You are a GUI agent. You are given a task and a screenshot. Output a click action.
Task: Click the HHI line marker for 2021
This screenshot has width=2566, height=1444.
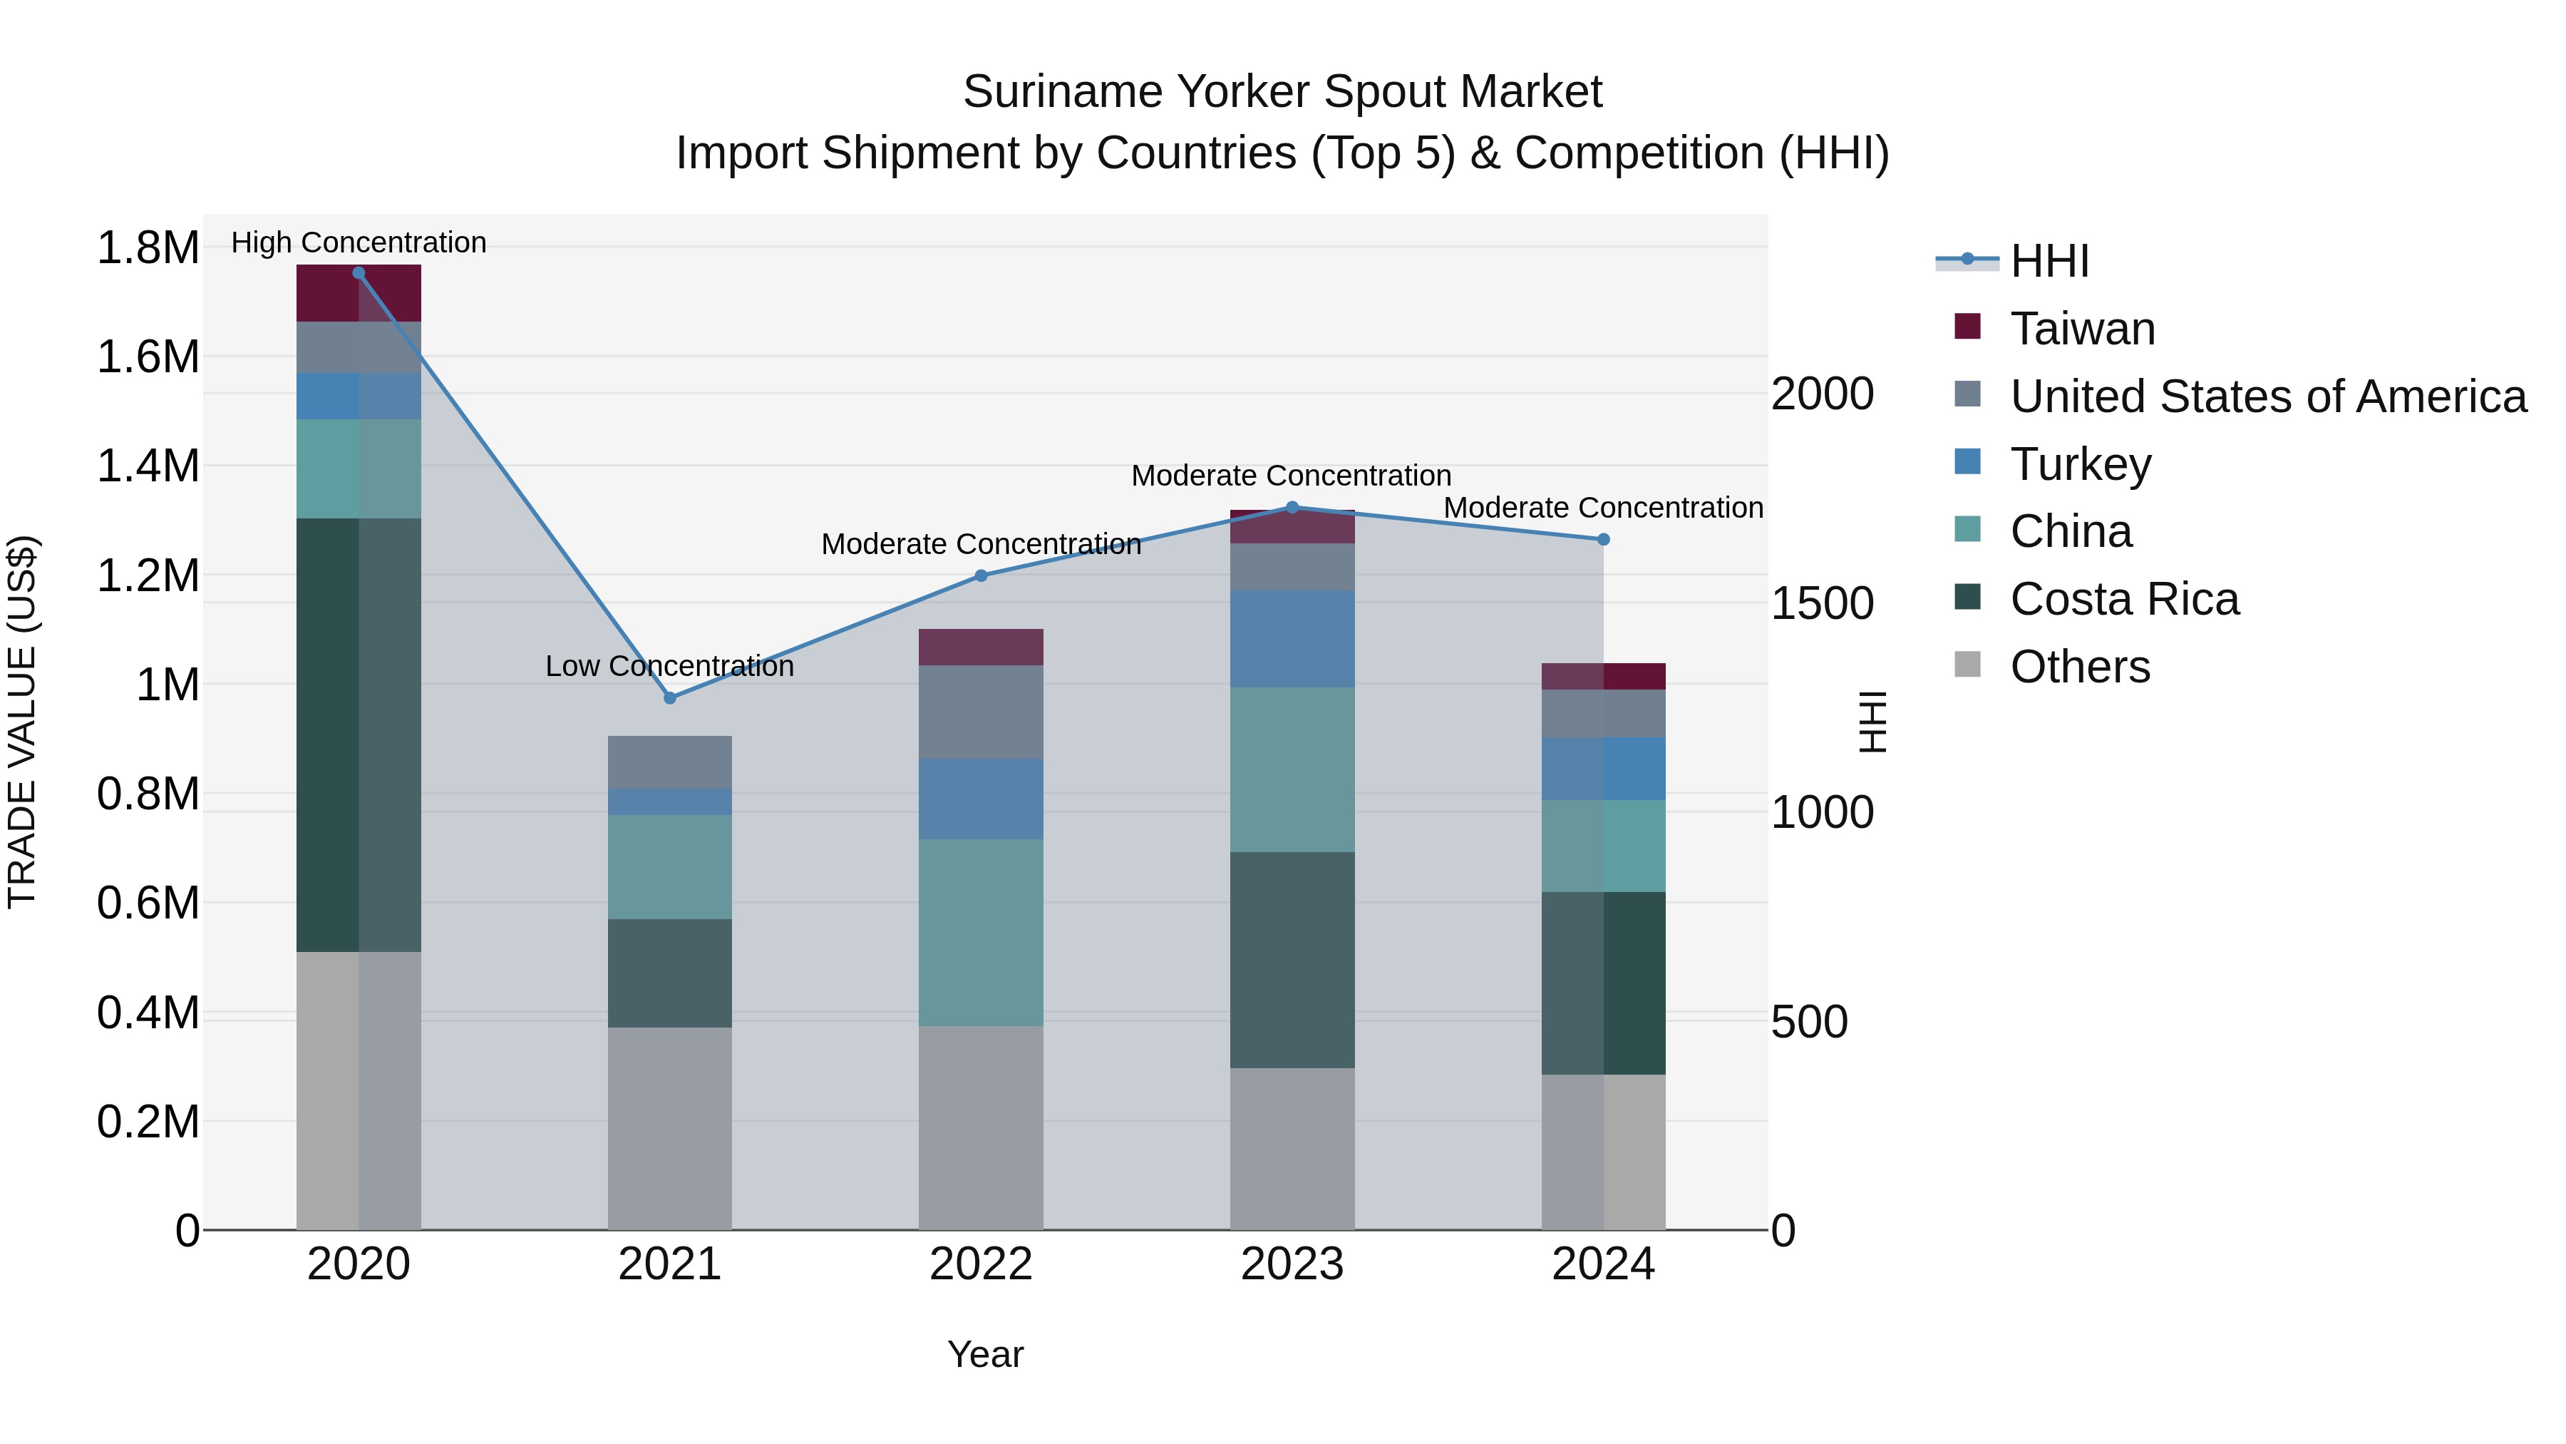[669, 697]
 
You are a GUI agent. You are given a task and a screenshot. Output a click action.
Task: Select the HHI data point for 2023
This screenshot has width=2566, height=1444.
[1292, 507]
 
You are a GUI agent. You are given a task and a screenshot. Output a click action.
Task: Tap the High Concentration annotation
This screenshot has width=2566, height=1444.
[359, 242]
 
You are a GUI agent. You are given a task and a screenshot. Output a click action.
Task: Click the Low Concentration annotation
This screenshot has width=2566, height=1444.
[669, 666]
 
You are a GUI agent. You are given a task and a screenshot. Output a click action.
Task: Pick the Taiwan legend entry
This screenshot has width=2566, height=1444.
[2082, 329]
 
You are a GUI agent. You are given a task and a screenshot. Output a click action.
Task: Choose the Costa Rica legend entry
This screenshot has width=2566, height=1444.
[2124, 599]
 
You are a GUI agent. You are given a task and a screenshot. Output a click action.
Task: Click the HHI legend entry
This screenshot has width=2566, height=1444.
[2049, 261]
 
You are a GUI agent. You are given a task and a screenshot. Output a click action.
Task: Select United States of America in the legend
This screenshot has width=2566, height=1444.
[2267, 396]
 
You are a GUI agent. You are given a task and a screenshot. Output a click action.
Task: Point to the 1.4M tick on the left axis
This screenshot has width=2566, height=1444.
[148, 466]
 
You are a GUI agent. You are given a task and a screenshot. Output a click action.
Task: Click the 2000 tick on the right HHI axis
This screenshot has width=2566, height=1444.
[1822, 394]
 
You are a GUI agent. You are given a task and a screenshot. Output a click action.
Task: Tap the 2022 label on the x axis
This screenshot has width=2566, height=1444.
[980, 1264]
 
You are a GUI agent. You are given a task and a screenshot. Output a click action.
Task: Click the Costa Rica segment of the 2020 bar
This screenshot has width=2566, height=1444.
[359, 734]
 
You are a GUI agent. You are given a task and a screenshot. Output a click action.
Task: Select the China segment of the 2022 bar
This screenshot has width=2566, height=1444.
[980, 932]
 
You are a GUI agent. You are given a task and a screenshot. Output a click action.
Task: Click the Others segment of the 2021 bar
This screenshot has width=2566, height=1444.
[669, 1128]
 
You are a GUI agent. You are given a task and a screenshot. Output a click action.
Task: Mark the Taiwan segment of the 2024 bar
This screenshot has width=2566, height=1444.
[1603, 676]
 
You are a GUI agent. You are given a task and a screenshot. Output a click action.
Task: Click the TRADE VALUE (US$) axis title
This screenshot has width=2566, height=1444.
[22, 722]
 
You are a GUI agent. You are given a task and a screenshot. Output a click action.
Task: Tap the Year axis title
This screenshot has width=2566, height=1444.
[984, 1354]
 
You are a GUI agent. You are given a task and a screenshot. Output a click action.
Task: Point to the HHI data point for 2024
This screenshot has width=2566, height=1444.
[1603, 539]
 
